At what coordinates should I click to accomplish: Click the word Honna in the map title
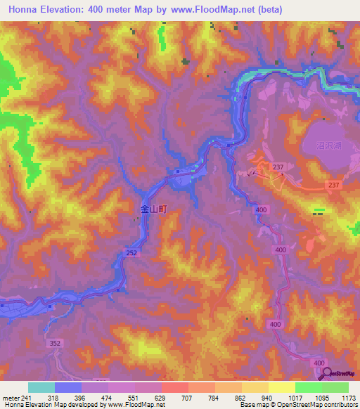coord(26,11)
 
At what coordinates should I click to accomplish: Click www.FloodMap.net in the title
coord(224,11)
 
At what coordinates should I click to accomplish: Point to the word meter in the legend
coord(11,397)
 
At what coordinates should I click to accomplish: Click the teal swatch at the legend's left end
coord(41,387)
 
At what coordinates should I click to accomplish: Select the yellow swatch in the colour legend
coord(255,387)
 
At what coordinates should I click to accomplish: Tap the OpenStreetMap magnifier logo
coord(327,372)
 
